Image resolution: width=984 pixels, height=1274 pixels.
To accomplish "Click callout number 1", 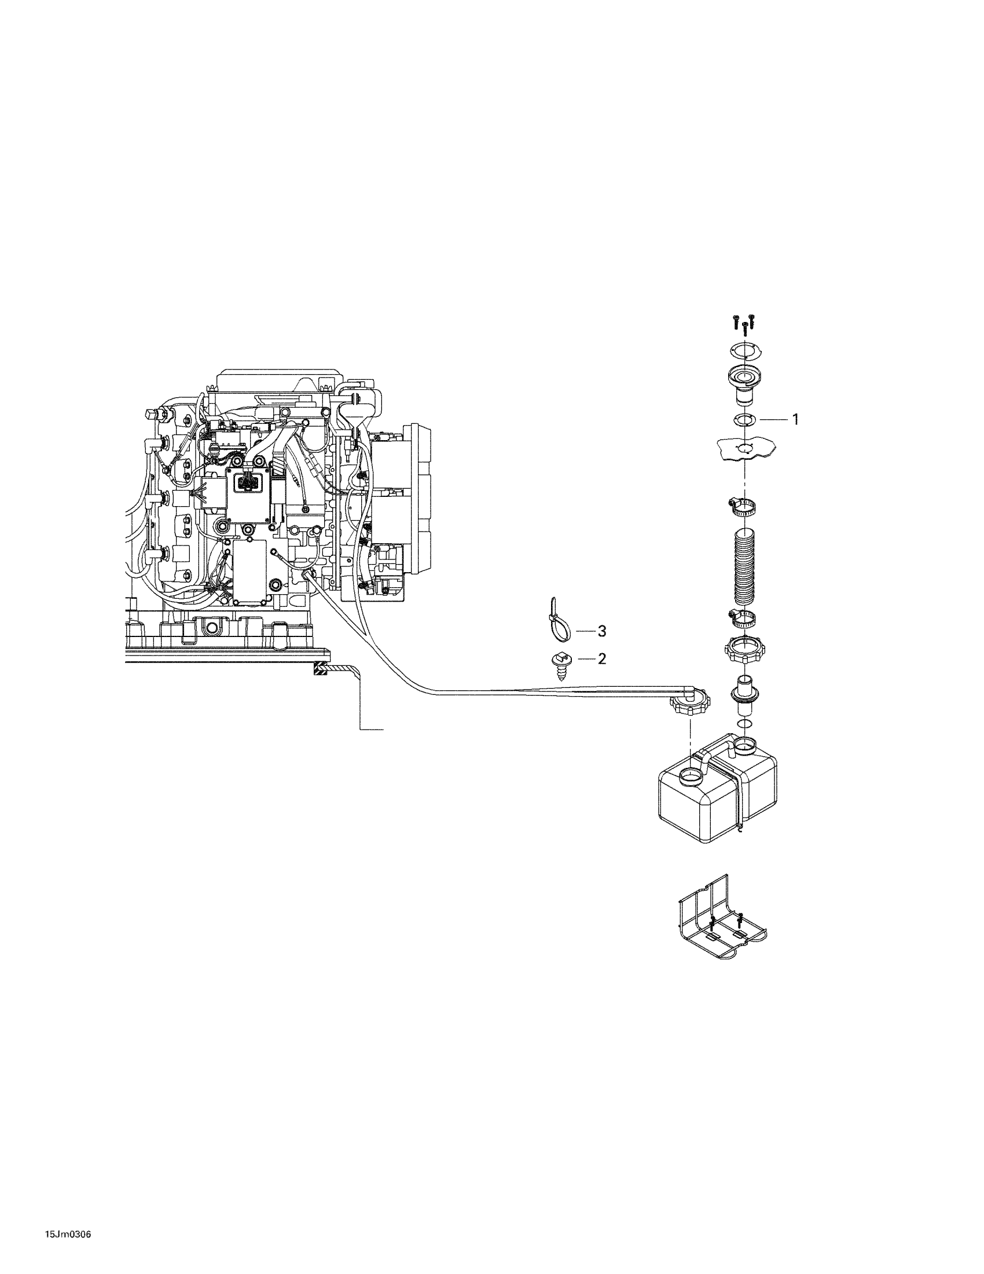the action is tap(795, 419).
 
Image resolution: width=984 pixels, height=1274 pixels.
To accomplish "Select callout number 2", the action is tap(601, 658).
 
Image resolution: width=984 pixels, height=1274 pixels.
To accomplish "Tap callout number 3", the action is tap(601, 631).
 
